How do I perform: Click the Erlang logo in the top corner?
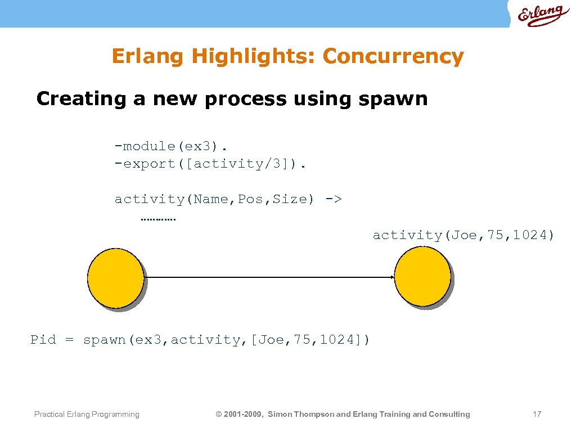click(540, 15)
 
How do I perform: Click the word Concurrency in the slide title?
click(393, 56)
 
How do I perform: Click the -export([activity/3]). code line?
click(211, 164)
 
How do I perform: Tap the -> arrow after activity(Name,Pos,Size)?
click(334, 199)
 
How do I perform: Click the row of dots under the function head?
click(157, 219)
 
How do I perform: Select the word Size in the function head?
click(290, 199)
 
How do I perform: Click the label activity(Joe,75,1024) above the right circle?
click(463, 235)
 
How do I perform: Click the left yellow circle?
click(115, 277)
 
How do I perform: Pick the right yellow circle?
click(422, 277)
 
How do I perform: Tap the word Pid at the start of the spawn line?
click(43, 340)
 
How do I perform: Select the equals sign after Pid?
click(69, 340)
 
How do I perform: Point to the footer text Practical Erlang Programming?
click(87, 415)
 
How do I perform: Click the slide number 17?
click(537, 415)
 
